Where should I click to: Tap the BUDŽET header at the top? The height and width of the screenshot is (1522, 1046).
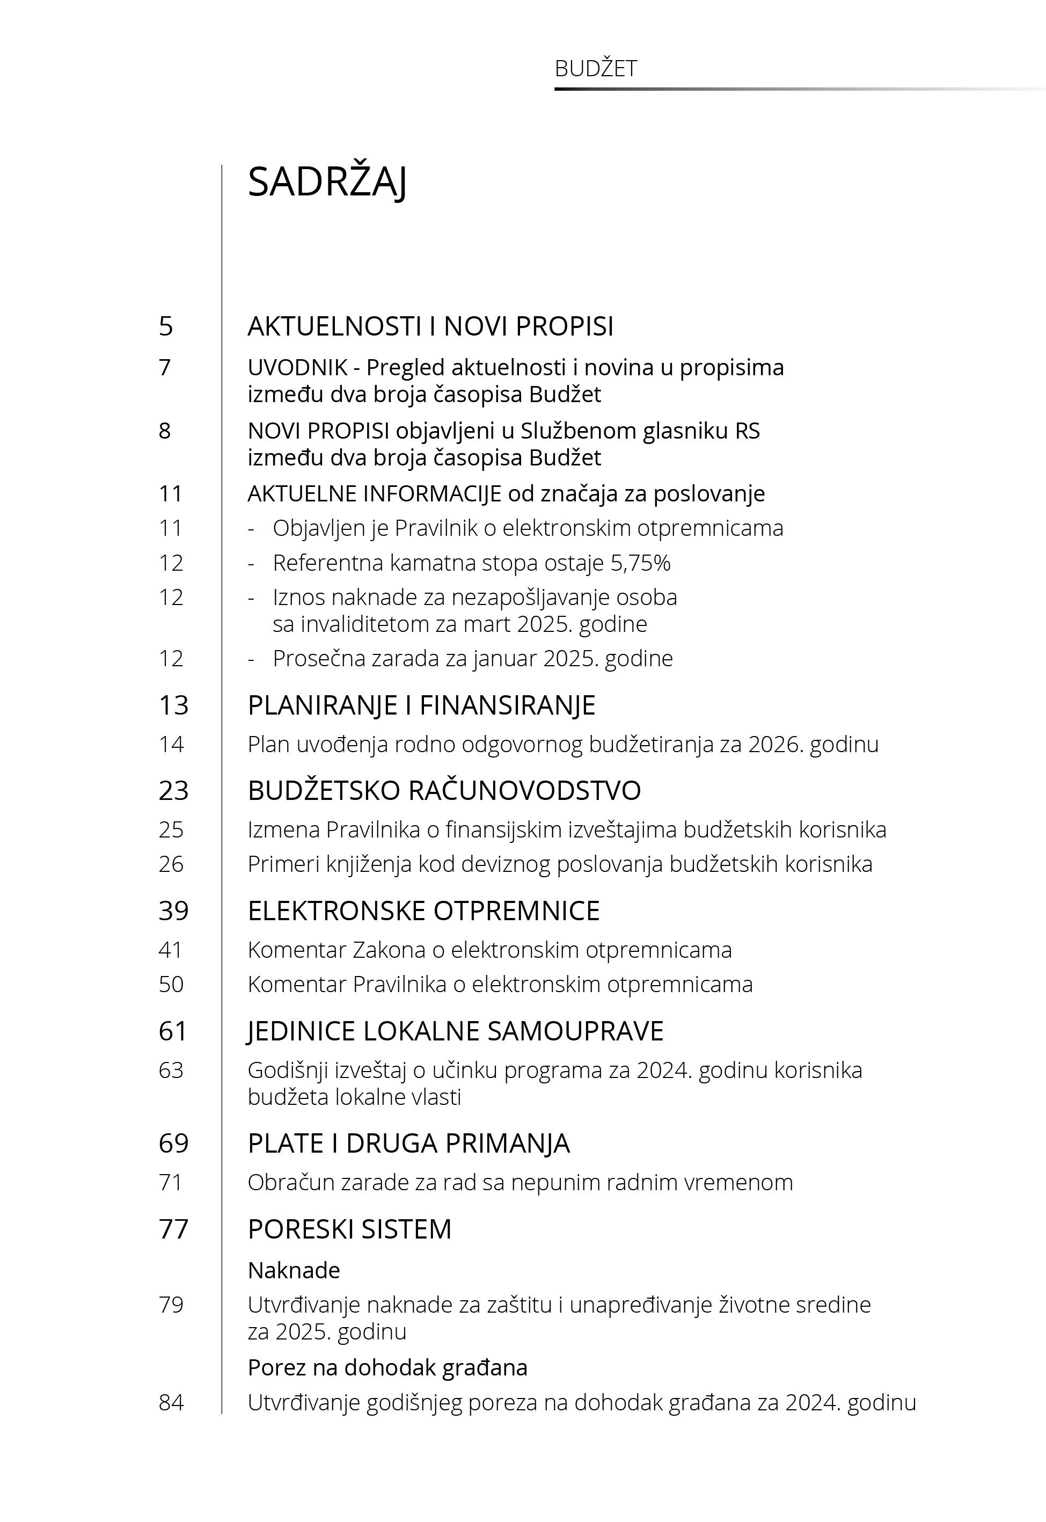[595, 69]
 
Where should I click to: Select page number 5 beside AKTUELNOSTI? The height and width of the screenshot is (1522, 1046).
[166, 326]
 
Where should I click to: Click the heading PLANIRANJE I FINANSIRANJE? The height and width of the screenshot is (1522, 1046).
[421, 705]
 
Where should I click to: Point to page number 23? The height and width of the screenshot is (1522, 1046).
[174, 790]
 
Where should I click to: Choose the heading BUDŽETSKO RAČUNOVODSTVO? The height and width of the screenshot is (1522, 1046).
[444, 790]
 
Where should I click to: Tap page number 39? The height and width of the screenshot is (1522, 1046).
[174, 911]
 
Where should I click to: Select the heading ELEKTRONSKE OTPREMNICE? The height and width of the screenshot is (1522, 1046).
[423, 911]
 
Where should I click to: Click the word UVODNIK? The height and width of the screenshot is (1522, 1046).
[297, 368]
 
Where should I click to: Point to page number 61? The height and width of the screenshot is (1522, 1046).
[173, 1031]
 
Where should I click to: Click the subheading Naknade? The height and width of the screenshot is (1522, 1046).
[294, 1270]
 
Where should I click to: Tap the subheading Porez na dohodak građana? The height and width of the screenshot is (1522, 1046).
[387, 1367]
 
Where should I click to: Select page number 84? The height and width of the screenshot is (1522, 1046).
[171, 1402]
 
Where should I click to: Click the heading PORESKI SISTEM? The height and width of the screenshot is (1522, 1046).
[349, 1229]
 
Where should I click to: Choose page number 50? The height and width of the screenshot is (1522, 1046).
[171, 984]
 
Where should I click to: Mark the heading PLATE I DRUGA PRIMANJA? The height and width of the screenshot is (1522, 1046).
[408, 1143]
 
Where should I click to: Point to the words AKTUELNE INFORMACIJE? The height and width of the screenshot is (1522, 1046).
[374, 493]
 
